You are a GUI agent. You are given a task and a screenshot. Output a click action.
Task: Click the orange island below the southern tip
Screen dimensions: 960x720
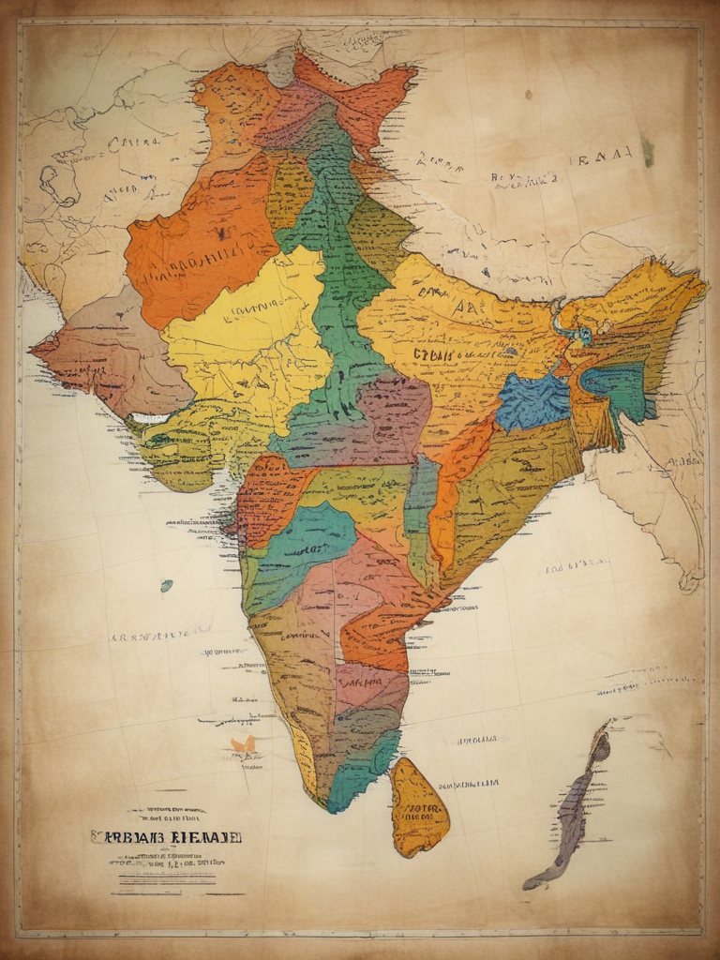pos(418,808)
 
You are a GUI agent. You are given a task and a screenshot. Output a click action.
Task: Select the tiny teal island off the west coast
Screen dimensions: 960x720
pos(166,586)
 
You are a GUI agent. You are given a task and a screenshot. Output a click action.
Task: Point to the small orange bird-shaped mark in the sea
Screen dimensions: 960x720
pos(244,745)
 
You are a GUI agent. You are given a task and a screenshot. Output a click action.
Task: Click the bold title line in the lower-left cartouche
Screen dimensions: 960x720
pos(166,835)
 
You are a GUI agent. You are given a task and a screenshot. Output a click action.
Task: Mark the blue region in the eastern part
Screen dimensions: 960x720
pos(532,401)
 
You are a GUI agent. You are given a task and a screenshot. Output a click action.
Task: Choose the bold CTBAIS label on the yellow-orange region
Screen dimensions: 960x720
pos(434,355)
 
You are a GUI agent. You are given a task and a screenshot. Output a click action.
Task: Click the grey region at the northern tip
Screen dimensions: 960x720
pos(280,67)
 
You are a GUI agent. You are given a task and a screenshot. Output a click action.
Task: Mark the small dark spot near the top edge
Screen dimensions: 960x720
pos(528,95)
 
